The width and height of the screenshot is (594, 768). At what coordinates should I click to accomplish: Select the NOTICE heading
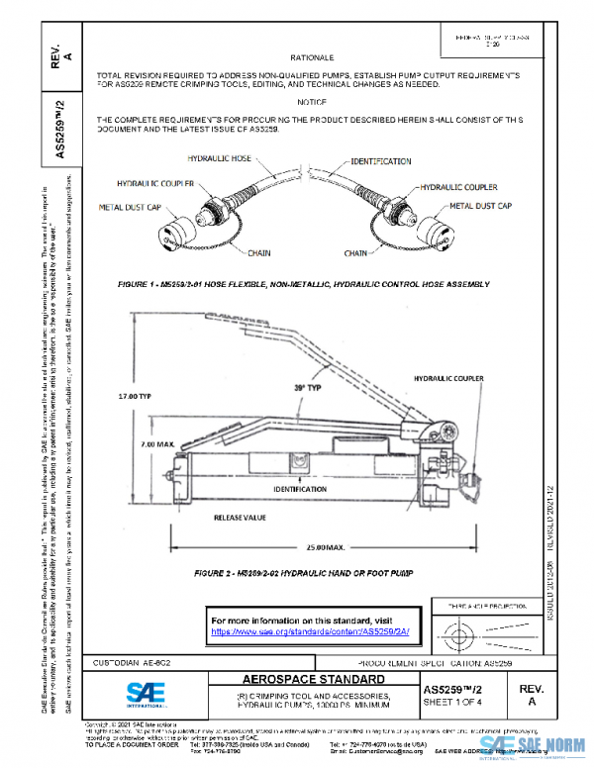pyautogui.click(x=312, y=103)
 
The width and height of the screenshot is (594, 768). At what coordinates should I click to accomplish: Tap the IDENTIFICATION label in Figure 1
pyautogui.click(x=380, y=160)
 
